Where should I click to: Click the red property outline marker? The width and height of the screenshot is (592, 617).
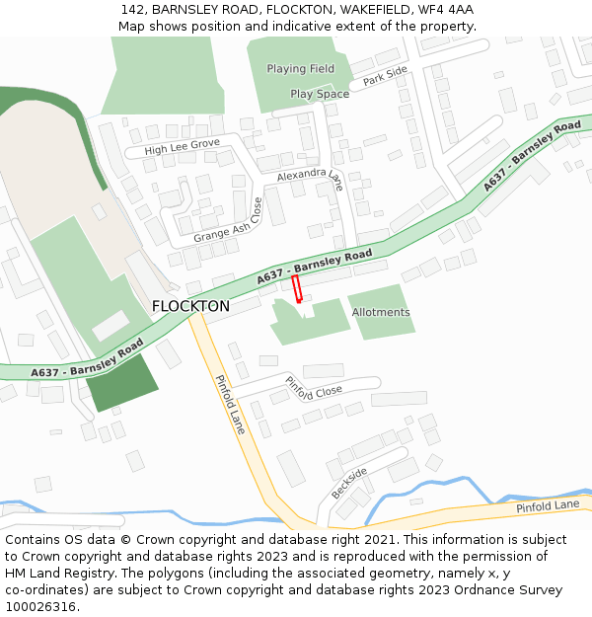296,289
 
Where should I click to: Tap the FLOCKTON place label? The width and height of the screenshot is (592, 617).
190,306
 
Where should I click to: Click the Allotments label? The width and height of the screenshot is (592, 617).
381,312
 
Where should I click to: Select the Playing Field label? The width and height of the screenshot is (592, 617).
301,69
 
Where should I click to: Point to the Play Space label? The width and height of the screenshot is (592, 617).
320,94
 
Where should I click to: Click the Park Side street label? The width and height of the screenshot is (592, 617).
385,76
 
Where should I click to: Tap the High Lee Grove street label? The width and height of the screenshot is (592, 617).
182,145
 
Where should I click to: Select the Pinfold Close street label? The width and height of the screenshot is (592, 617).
314,389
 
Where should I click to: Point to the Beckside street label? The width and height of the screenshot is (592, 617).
348,482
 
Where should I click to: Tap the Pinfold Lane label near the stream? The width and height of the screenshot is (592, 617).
548,505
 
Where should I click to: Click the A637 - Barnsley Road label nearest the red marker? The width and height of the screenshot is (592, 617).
315,268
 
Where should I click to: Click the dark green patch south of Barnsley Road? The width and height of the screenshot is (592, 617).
120,383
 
